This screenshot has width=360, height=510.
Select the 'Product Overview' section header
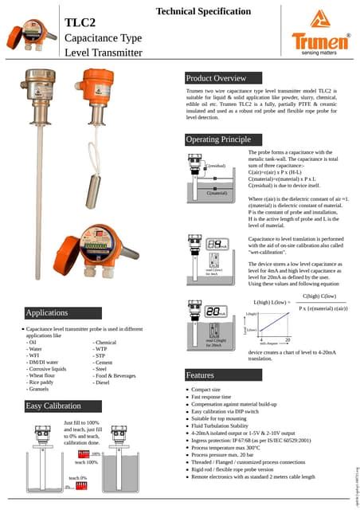tap(216, 78)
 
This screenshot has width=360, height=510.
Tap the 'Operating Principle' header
tap(218, 139)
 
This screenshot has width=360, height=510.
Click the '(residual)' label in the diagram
tap(217, 166)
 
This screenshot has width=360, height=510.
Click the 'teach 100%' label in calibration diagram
tap(86, 462)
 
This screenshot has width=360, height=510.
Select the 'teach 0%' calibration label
tap(78, 478)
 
